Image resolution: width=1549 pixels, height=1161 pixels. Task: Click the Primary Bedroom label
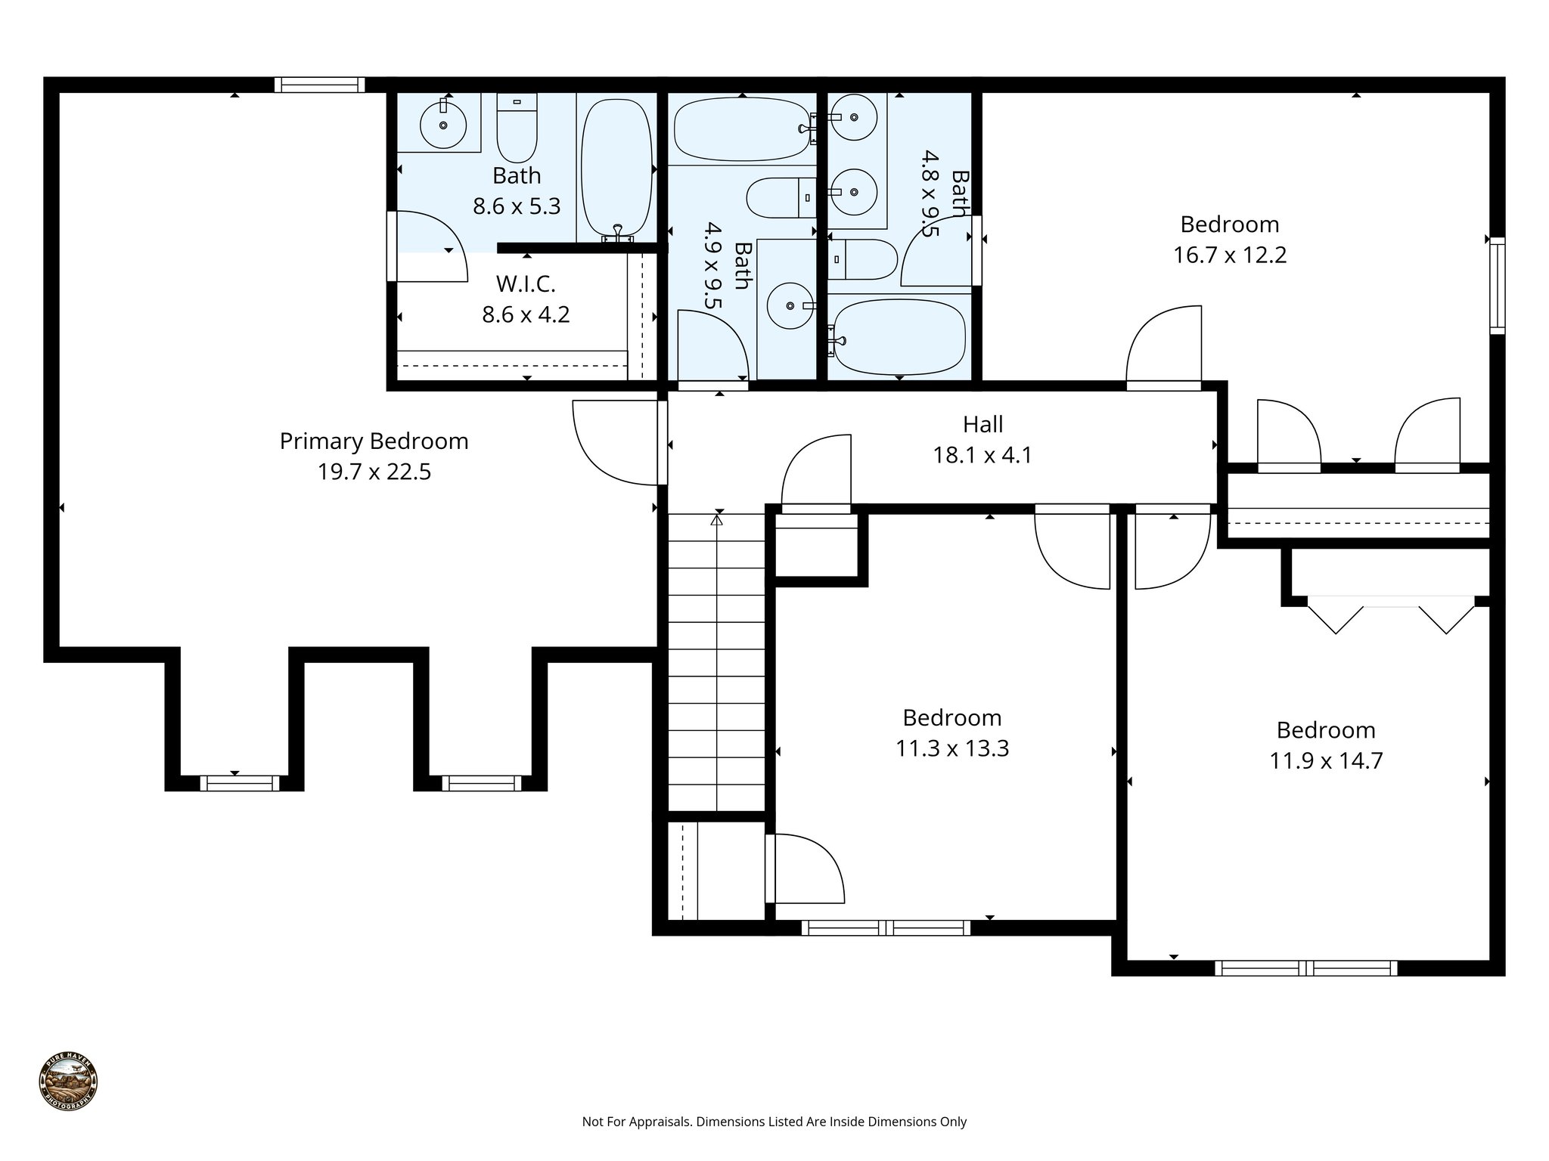pyautogui.click(x=374, y=441)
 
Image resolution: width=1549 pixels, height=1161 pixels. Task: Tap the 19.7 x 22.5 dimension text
pyautogui.click(x=374, y=472)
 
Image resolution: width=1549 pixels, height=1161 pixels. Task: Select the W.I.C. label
pyautogui.click(x=526, y=284)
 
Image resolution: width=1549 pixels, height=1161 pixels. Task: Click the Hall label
pyautogui.click(x=982, y=425)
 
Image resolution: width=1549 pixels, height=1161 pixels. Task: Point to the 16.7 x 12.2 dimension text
pyautogui.click(x=1229, y=255)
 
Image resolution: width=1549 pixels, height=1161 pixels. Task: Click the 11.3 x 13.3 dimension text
pyautogui.click(x=951, y=748)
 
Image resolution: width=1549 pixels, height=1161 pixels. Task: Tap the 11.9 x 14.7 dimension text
pyautogui.click(x=1325, y=760)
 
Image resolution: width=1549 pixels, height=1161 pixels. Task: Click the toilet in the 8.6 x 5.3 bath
pyautogui.click(x=517, y=128)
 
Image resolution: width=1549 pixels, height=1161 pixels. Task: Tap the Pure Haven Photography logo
pyautogui.click(x=68, y=1082)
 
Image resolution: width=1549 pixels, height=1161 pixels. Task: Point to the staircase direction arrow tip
pyautogui.click(x=717, y=519)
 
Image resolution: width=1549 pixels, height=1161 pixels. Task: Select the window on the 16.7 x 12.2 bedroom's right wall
pyautogui.click(x=1497, y=285)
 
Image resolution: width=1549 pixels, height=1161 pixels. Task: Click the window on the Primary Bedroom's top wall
pyautogui.click(x=319, y=85)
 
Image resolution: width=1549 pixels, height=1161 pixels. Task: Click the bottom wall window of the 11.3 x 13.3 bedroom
pyautogui.click(x=885, y=927)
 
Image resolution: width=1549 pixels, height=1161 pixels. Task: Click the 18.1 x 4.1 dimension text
pyautogui.click(x=982, y=456)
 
